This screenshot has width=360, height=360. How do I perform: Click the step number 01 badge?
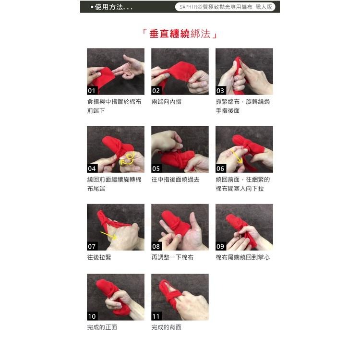(x=92, y=91)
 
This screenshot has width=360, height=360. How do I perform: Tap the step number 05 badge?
(x=156, y=168)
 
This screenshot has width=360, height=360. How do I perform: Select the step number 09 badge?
(x=221, y=246)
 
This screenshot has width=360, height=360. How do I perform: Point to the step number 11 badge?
(x=156, y=316)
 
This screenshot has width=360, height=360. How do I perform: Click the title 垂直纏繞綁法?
(x=180, y=34)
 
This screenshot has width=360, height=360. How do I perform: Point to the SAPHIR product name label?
(x=225, y=7)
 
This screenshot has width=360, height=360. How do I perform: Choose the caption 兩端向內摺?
(x=167, y=102)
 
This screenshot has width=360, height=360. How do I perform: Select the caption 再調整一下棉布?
(x=173, y=257)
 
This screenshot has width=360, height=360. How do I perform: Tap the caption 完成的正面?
(x=102, y=327)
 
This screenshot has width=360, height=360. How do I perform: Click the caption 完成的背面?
(x=167, y=327)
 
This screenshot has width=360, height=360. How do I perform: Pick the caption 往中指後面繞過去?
(x=176, y=180)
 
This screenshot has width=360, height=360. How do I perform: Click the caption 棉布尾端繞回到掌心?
(x=243, y=257)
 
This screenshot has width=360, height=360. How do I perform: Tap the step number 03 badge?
(x=221, y=91)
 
